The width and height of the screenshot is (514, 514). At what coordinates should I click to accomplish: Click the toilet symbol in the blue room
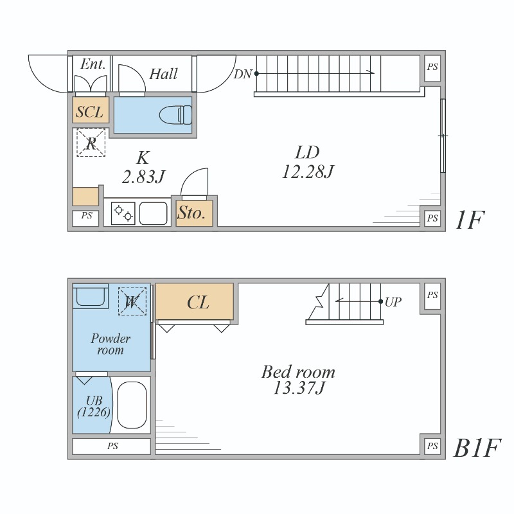click(175, 115)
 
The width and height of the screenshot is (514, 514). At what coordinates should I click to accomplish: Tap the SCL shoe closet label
click(89, 112)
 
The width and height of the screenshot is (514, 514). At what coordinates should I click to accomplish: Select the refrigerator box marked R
click(91, 143)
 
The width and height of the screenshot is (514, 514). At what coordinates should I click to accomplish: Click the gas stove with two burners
click(123, 213)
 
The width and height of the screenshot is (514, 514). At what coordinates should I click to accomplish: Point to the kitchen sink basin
click(153, 213)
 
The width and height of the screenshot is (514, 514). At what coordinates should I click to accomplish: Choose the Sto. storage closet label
click(191, 213)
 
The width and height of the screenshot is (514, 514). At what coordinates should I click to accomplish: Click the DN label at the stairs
click(243, 75)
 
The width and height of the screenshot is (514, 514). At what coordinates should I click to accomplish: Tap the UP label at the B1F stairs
click(393, 302)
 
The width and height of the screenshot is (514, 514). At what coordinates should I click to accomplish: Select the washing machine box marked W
click(132, 301)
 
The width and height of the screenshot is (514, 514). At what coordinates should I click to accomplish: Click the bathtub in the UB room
click(132, 405)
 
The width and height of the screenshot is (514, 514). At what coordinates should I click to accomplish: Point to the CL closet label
click(198, 302)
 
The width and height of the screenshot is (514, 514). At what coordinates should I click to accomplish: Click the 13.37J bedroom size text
click(299, 388)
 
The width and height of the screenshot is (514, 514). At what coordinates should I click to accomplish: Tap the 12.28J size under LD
click(308, 171)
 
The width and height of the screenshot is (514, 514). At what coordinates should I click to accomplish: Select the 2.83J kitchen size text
click(143, 177)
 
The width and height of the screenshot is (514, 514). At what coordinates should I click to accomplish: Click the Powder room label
click(111, 344)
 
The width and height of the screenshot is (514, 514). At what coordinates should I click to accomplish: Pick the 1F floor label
click(470, 220)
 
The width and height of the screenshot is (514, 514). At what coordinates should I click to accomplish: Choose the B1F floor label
click(477, 448)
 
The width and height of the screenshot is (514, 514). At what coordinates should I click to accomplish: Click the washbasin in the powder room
click(90, 296)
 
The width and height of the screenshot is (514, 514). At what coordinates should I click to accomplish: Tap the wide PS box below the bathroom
click(111, 446)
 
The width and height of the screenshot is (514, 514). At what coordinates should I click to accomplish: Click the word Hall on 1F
click(163, 74)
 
